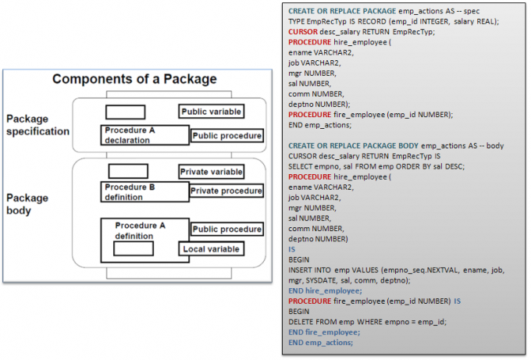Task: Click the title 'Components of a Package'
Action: [x=134, y=79]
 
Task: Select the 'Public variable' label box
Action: [x=212, y=112]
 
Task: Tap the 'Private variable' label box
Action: [x=212, y=172]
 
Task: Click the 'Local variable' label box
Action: [x=212, y=249]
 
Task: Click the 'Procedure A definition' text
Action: [x=141, y=230]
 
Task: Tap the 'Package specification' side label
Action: [x=37, y=125]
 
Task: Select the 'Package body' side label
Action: [x=27, y=204]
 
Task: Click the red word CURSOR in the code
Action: [x=303, y=32]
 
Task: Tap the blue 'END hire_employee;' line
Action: [x=325, y=290]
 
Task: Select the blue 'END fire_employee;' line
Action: [x=324, y=332]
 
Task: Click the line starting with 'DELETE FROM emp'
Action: [x=368, y=322]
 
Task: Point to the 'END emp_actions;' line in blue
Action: [x=320, y=343]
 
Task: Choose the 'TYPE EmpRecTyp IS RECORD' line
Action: [x=394, y=21]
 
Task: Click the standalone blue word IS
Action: [x=291, y=249]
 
